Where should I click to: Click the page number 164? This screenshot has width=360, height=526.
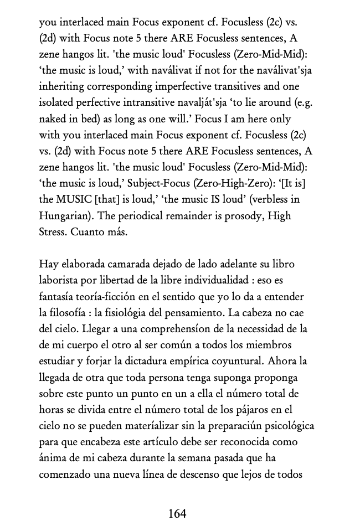(x=177, y=513)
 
